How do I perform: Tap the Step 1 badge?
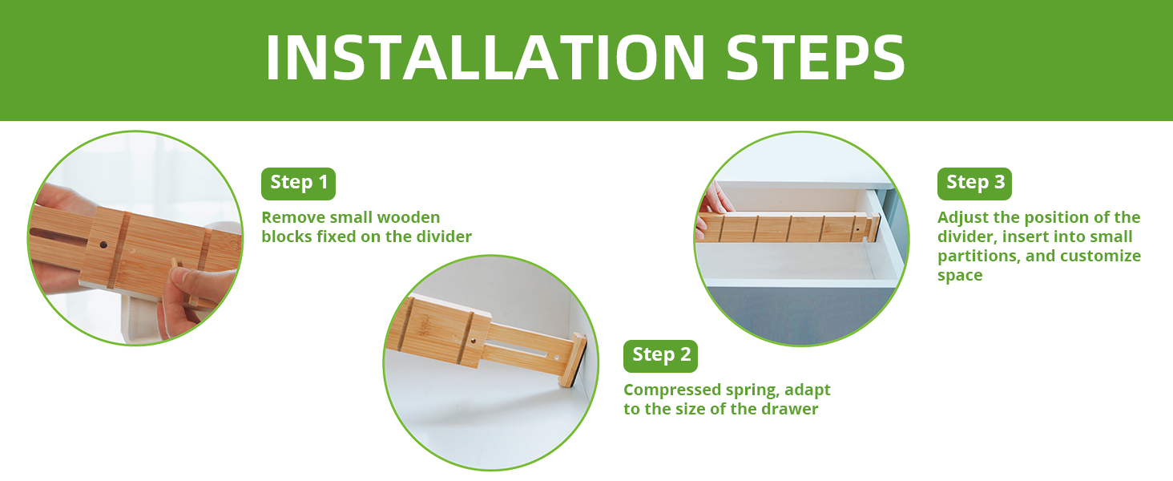(299, 184)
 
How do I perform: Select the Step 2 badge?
(660, 356)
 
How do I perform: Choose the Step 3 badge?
(974, 184)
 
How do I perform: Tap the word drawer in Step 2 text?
(790, 409)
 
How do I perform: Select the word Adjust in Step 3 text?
(962, 218)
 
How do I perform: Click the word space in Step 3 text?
(960, 276)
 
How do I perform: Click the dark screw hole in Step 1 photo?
(103, 245)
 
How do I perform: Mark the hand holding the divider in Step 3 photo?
(711, 208)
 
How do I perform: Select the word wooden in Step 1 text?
(409, 217)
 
